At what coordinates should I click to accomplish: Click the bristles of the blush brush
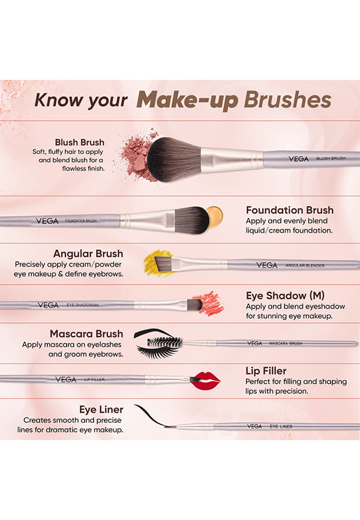click(174, 160)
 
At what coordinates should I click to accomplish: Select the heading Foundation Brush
click(290, 210)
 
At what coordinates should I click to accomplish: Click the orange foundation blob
click(215, 217)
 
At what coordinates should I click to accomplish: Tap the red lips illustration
click(206, 380)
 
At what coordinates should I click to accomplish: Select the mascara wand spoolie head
click(165, 342)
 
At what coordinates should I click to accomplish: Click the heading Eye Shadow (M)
click(285, 295)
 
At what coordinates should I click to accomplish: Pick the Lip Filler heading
click(266, 370)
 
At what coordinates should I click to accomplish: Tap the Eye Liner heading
click(101, 410)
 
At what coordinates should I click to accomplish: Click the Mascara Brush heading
click(86, 334)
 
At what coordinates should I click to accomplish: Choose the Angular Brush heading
click(88, 254)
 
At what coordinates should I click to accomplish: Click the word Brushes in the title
click(287, 100)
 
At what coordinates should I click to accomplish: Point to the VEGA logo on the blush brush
click(298, 159)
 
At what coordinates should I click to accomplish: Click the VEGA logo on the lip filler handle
click(65, 379)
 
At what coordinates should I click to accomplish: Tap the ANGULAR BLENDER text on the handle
click(305, 265)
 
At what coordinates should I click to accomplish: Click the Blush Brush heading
click(80, 142)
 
